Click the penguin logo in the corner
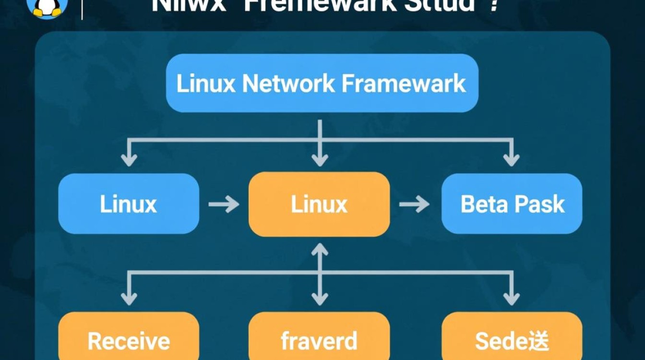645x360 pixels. tap(47, 7)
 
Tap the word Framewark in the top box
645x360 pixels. tap(404, 84)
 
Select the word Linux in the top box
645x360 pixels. tap(206, 84)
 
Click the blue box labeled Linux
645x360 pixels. tap(129, 204)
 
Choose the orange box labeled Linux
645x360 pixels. tap(319, 204)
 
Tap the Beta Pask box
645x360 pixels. tap(512, 204)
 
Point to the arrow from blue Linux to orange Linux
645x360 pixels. tap(224, 204)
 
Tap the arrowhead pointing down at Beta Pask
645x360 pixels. tap(511, 159)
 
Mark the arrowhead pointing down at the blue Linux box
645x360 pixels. tap(129, 159)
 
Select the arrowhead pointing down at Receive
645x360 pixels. tap(129, 298)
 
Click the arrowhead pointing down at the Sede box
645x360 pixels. tap(511, 298)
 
